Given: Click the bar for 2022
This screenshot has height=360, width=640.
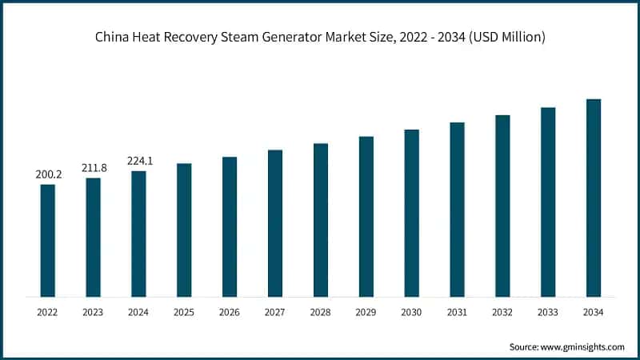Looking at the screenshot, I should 48,241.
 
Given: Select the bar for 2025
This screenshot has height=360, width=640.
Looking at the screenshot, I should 184,230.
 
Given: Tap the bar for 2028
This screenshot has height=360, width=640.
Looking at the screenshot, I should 321,220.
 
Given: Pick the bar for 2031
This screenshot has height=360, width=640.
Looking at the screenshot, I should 457,210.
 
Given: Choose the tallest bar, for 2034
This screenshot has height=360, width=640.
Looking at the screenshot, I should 594,198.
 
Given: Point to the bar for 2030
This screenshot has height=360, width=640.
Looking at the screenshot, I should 411,213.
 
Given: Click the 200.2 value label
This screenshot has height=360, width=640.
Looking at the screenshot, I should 48,174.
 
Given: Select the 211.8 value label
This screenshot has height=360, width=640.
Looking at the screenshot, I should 94,167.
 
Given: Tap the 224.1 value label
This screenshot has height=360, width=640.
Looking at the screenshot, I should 139,161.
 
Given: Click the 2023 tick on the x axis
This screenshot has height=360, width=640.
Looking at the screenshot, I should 94,312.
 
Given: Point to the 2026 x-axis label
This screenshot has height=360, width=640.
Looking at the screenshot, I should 230,312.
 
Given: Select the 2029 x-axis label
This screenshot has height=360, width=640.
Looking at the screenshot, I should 366,312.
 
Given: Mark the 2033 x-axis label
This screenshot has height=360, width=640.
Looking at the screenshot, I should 548,312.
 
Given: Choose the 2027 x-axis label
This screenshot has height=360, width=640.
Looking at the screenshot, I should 275,312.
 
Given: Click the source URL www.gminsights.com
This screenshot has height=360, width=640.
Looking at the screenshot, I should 582,346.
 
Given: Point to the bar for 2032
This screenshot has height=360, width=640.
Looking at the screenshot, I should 502,206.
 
